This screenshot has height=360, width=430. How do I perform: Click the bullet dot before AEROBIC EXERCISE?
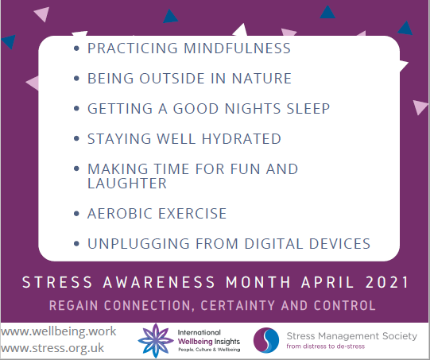76,215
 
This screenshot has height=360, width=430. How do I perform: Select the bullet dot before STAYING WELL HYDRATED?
76,140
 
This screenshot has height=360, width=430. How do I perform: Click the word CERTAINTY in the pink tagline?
242,305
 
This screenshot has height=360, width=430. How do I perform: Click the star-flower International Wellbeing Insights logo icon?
155,340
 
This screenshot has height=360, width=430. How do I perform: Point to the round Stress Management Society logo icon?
265,340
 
